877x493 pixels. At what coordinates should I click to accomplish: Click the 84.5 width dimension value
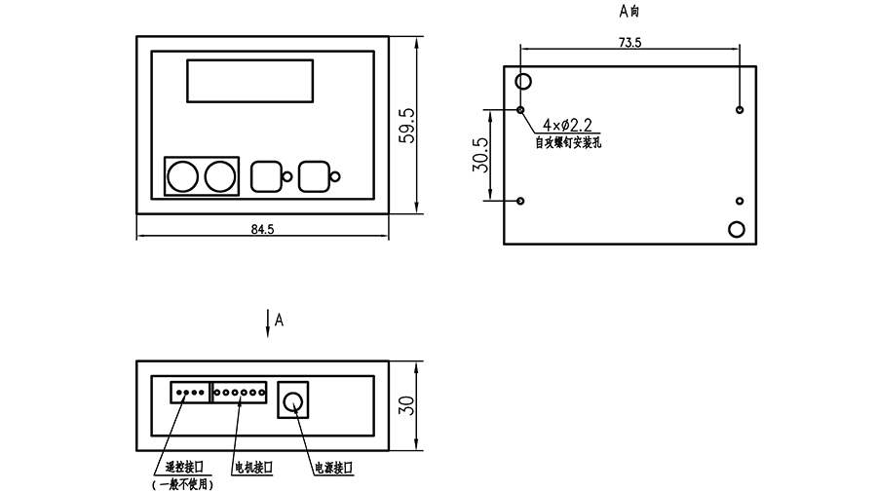pyautogui.click(x=262, y=229)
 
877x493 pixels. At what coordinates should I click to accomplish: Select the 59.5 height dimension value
pyautogui.click(x=407, y=126)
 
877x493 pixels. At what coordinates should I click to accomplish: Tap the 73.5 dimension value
pyautogui.click(x=629, y=43)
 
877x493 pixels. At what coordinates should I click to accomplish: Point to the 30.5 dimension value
pyautogui.click(x=480, y=155)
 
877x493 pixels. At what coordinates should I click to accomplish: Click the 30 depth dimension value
pyautogui.click(x=407, y=405)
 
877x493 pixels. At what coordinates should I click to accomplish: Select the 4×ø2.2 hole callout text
pyautogui.click(x=567, y=125)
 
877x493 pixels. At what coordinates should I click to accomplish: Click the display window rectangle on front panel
pyautogui.click(x=250, y=81)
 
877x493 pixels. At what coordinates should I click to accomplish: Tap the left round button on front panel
pyautogui.click(x=183, y=176)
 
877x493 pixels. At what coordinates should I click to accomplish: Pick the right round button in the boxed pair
pyautogui.click(x=220, y=176)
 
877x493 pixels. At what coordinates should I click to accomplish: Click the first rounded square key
pyautogui.click(x=266, y=176)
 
